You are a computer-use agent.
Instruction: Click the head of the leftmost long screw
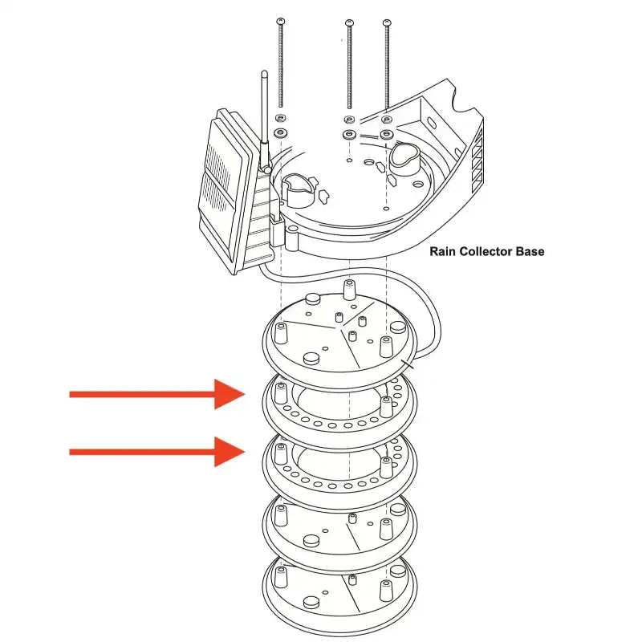[280, 19]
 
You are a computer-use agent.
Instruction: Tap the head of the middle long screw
[348, 22]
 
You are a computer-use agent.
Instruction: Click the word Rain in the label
[443, 251]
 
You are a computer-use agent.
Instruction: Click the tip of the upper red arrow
[244, 394]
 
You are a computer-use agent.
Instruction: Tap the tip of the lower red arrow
[244, 452]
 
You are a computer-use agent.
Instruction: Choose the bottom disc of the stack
[340, 598]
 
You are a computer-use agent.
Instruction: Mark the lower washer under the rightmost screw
[387, 132]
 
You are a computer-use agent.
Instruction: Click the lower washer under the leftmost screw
[281, 132]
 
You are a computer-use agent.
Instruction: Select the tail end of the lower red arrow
[72, 452]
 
